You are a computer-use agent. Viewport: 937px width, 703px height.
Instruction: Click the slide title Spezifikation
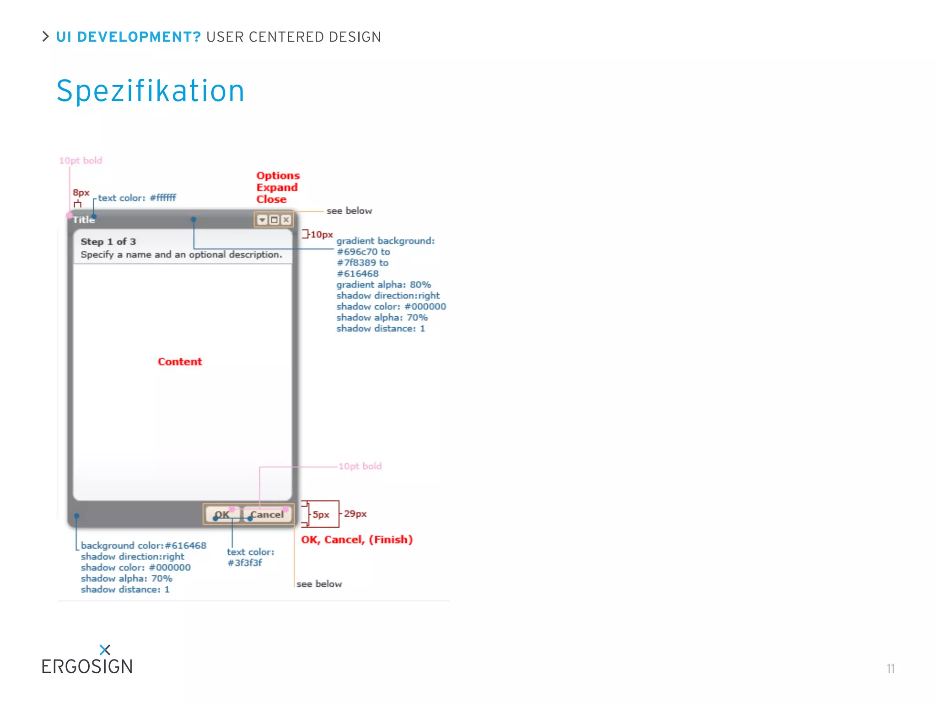(x=151, y=91)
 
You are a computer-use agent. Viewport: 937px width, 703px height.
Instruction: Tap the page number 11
(x=890, y=669)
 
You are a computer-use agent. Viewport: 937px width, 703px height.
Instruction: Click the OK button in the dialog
(x=222, y=514)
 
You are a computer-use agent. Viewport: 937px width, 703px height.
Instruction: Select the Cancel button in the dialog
(x=267, y=514)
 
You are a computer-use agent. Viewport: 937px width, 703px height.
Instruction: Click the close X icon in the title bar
(x=286, y=220)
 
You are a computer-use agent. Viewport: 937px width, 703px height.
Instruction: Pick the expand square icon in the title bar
(x=274, y=220)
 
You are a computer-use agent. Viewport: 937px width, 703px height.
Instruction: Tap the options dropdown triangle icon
(x=262, y=220)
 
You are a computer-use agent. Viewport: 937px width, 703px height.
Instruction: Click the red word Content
(x=180, y=362)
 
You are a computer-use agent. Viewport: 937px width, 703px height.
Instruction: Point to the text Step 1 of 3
(x=108, y=242)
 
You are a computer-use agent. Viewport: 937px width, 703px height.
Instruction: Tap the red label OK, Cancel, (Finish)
(x=357, y=540)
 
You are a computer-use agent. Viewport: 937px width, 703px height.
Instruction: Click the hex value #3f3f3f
(x=245, y=563)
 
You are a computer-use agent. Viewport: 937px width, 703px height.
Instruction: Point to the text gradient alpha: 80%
(x=383, y=285)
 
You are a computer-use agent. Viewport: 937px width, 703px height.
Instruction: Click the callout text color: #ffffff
(x=137, y=198)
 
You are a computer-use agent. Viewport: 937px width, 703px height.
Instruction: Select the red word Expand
(x=277, y=187)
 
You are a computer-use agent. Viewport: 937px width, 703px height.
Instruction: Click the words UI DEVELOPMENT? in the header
(x=129, y=37)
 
